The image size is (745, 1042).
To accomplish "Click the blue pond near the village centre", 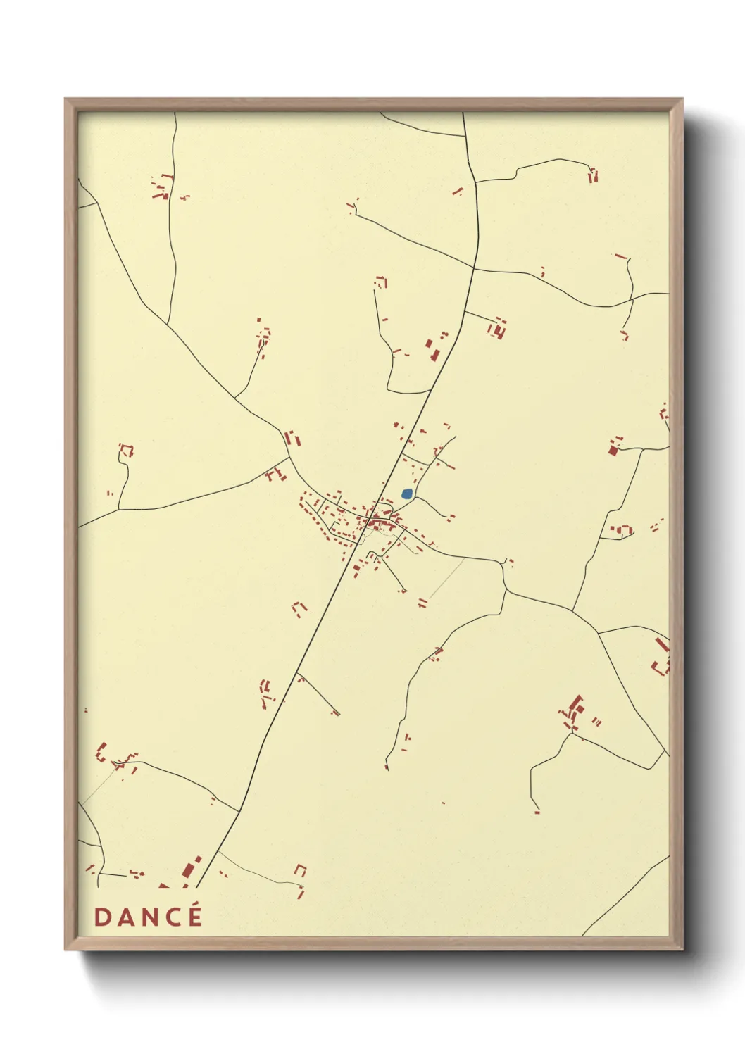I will [406, 494].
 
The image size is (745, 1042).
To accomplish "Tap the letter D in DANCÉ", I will [102, 917].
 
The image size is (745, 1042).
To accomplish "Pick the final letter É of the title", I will [195, 917].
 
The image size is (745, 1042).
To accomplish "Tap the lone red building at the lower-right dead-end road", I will [537, 812].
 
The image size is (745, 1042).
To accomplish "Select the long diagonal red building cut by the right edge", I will [661, 644].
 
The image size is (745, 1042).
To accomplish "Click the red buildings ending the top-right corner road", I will [593, 175].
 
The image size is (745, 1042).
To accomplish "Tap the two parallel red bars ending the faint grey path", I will [422, 603].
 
